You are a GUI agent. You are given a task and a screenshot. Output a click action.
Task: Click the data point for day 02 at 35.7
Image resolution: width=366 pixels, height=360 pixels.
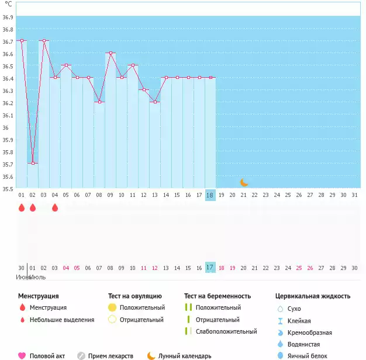(33, 163)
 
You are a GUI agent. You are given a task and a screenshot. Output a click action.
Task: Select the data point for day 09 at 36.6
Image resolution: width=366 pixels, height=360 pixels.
(110, 53)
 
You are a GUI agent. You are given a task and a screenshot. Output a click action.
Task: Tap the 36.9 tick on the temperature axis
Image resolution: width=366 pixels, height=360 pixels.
(8, 18)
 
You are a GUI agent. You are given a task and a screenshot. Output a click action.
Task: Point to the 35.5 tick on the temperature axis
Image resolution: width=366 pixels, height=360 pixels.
(8, 189)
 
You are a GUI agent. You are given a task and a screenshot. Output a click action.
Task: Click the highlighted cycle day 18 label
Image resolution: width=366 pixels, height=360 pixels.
(210, 195)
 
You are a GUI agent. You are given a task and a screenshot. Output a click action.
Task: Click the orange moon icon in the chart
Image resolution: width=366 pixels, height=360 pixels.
(244, 182)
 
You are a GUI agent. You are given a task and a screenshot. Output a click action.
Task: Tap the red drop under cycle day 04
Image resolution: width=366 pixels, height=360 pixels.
(55, 207)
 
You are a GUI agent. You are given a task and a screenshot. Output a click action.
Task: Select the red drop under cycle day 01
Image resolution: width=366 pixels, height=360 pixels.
(22, 207)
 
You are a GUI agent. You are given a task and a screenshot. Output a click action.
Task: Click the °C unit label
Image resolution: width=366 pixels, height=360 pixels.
(8, 4)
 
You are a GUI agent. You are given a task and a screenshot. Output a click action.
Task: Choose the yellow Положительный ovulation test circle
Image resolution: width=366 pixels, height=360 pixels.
(112, 307)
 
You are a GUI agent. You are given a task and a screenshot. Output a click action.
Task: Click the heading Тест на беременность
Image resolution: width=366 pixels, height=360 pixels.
(217, 296)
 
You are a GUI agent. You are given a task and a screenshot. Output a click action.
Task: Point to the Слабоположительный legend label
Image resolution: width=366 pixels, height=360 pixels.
(226, 331)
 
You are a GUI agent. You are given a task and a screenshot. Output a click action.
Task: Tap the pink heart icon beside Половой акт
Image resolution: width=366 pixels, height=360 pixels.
(22, 355)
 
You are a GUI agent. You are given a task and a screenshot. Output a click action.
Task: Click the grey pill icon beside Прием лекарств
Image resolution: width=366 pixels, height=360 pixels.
(81, 355)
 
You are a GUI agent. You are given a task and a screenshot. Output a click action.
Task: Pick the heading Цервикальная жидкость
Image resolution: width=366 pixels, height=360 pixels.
(313, 296)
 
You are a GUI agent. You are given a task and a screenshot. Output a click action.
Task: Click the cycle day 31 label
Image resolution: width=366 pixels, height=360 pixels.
(354, 195)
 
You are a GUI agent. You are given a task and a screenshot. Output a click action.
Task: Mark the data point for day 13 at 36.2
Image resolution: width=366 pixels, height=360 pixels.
(154, 102)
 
